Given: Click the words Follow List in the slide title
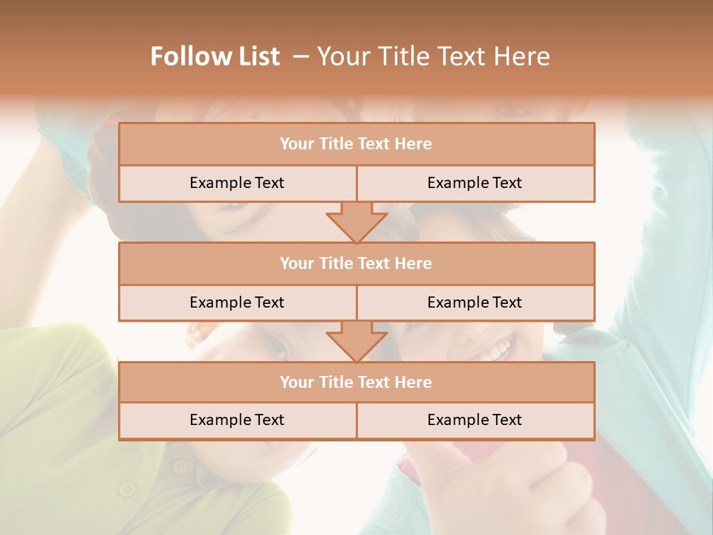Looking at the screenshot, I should [x=215, y=56].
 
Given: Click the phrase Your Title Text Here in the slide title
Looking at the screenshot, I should [x=434, y=56].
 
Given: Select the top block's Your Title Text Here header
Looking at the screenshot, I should [x=356, y=143].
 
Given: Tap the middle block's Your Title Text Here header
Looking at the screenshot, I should [x=356, y=263].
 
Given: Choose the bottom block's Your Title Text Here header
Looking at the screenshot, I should [x=356, y=382].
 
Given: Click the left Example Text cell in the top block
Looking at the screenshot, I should [x=237, y=183].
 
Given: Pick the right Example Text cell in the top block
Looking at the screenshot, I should [x=475, y=183].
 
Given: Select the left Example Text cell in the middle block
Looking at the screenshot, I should [x=237, y=302].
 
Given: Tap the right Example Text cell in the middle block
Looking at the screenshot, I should [x=475, y=302].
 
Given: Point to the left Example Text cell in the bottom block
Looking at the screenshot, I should [x=237, y=420].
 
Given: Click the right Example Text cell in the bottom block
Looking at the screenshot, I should [x=475, y=420].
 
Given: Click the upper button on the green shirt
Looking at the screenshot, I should [x=180, y=467].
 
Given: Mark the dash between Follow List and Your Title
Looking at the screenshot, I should [x=300, y=56].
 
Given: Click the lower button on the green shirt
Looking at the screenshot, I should [x=128, y=489].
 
